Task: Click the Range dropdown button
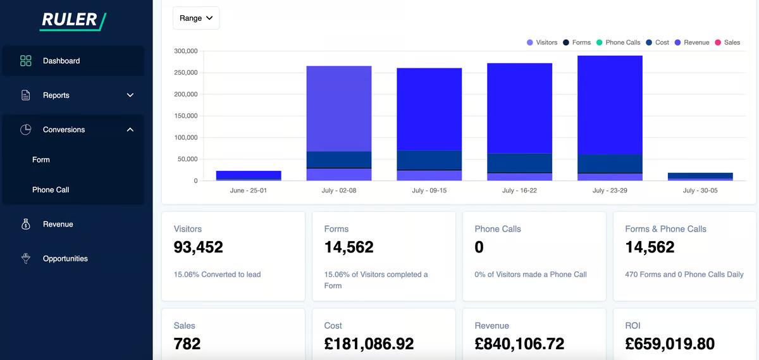[196, 18]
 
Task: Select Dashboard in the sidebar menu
[61, 61]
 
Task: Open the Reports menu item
[56, 96]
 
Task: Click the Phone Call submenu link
[51, 190]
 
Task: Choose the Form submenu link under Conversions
[41, 160]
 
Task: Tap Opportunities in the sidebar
[65, 259]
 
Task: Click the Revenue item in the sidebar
[58, 224]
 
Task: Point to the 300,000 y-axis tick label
[186, 51]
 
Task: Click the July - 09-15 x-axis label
[429, 190]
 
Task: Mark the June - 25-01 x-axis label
[249, 190]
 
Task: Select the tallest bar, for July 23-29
[610, 114]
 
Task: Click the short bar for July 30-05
[700, 177]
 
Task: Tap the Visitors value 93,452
[199, 247]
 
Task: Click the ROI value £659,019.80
[670, 344]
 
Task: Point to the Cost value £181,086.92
[369, 344]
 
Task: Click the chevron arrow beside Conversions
[130, 130]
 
